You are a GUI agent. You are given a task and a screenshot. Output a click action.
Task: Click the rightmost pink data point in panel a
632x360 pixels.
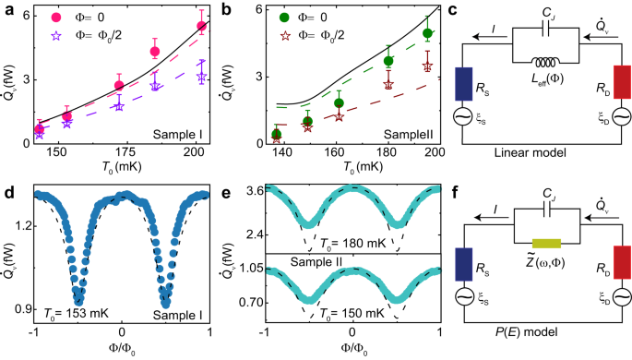tap(202, 26)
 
